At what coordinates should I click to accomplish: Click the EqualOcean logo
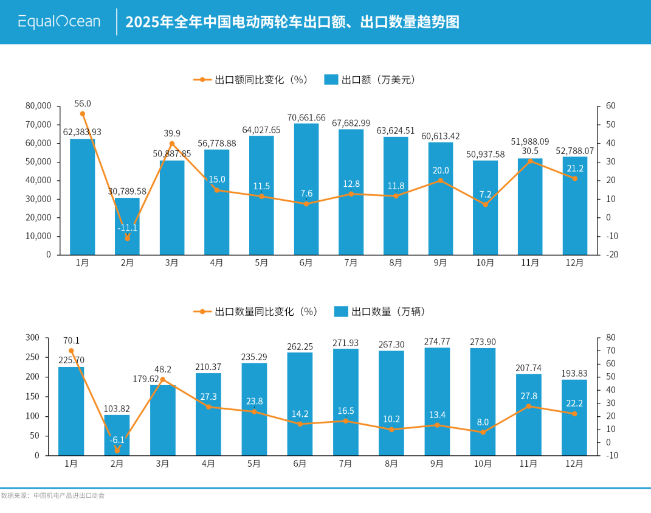click(x=59, y=22)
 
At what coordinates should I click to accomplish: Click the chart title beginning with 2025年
click(x=292, y=23)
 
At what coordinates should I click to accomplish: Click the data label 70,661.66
click(x=306, y=117)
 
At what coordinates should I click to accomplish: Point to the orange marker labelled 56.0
click(x=83, y=114)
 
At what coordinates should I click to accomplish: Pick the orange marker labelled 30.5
click(x=530, y=161)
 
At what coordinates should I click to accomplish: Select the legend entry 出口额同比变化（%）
click(x=251, y=80)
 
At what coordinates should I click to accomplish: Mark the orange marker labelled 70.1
click(x=71, y=351)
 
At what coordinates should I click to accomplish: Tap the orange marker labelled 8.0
click(x=483, y=432)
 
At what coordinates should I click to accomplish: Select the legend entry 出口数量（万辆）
click(x=380, y=312)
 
